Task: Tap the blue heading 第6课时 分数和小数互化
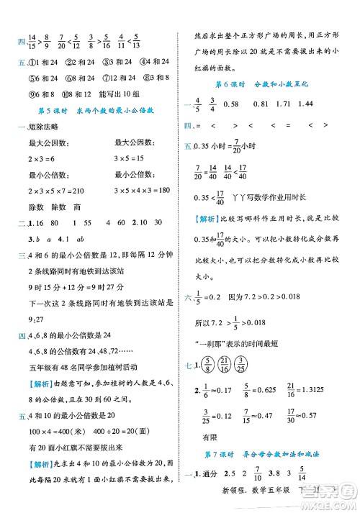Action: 257,84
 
